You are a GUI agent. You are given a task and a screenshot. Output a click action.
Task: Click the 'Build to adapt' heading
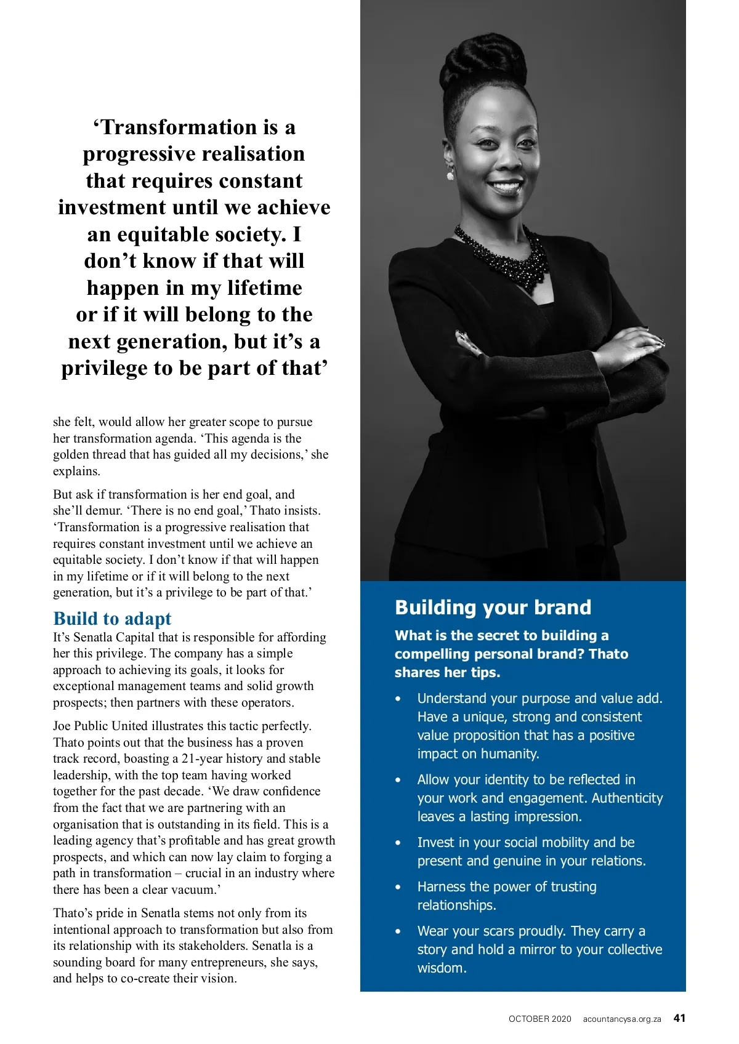click(x=112, y=618)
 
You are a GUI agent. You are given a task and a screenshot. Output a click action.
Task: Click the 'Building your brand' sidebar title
click(x=493, y=608)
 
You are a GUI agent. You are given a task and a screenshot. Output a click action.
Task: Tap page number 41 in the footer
click(x=679, y=1018)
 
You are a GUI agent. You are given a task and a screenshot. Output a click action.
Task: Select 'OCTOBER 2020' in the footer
click(x=539, y=1019)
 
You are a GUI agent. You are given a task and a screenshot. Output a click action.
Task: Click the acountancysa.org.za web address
click(x=622, y=1019)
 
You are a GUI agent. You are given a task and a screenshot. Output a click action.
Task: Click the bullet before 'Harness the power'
click(x=398, y=887)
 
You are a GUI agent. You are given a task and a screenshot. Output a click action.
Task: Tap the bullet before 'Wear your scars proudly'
click(x=398, y=931)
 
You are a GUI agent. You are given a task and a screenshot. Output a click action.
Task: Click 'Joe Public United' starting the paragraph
click(x=100, y=726)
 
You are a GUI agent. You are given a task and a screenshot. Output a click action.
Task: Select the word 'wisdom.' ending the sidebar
click(x=442, y=968)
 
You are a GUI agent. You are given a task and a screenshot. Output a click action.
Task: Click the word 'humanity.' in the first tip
click(x=509, y=753)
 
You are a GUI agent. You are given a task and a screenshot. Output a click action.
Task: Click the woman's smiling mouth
click(x=506, y=186)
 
